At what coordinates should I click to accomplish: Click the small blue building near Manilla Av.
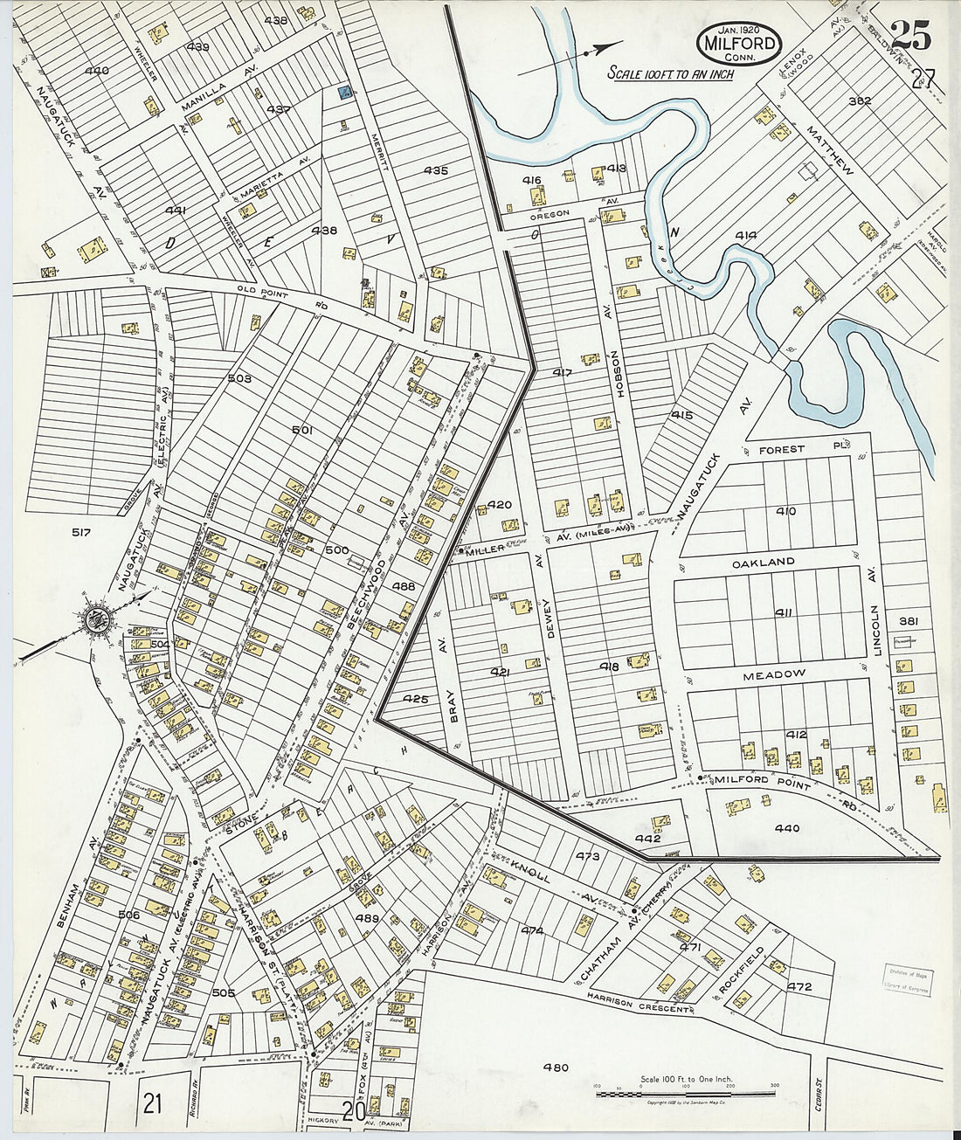pyautogui.click(x=345, y=92)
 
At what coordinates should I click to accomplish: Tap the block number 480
pyautogui.click(x=556, y=1067)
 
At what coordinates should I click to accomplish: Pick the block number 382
pyautogui.click(x=860, y=101)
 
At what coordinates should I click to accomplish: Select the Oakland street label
pyautogui.click(x=764, y=562)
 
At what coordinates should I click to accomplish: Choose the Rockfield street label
pyautogui.click(x=742, y=971)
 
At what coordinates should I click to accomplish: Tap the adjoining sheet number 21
pyautogui.click(x=153, y=1104)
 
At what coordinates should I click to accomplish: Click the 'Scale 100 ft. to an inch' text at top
pyautogui.click(x=670, y=73)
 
